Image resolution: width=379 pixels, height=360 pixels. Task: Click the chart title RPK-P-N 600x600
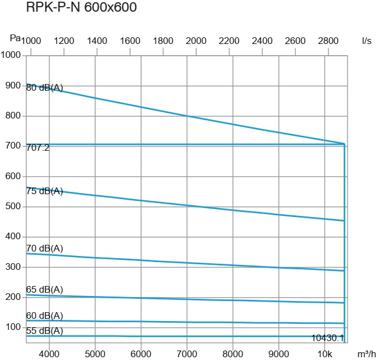pos(81,8)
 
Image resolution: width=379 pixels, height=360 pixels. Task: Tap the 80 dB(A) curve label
pos(44,87)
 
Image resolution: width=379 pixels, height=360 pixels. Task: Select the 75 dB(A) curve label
pos(44,191)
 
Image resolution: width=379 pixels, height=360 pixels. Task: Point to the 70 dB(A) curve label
pos(44,248)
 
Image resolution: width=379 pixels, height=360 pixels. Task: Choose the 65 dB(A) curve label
pos(44,289)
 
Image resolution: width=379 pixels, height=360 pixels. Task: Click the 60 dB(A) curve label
pos(44,315)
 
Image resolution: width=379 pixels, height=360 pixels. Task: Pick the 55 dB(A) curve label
pos(44,331)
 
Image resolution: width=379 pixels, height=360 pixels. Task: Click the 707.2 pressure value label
pos(38,147)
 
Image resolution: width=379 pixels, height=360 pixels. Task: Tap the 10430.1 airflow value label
pos(327,338)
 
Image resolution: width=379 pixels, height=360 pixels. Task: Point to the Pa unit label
pos(16,38)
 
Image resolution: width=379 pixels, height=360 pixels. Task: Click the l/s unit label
pos(366,41)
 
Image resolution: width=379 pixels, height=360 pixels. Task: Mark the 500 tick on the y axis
pos(13,206)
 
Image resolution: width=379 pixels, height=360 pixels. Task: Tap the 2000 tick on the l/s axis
pos(196,41)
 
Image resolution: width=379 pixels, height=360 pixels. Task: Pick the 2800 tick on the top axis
pos(328,41)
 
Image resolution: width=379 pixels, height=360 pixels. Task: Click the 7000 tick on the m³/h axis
pos(187,354)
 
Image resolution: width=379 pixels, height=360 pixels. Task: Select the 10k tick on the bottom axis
pos(325,354)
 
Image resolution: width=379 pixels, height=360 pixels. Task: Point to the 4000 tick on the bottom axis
pos(49,354)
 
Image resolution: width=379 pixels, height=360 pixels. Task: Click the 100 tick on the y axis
pos(13,327)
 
